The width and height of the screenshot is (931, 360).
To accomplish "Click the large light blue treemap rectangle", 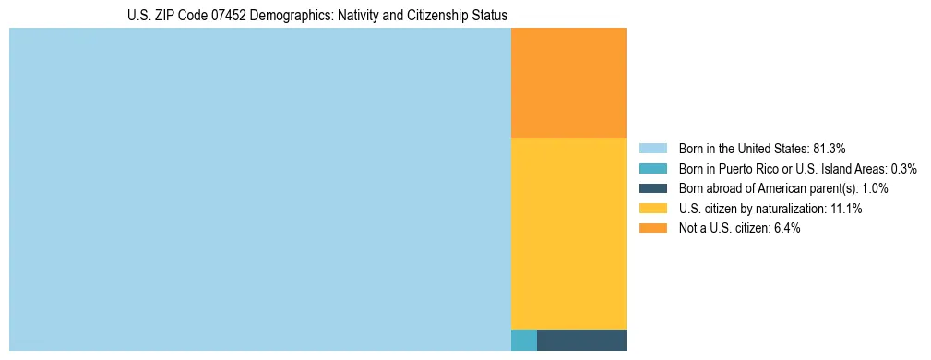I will (x=259, y=189).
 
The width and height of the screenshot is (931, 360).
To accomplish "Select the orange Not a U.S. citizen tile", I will (x=568, y=83).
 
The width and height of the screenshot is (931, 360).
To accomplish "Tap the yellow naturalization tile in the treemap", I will (x=568, y=233).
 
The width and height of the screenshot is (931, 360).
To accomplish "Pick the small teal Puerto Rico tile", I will (x=523, y=340).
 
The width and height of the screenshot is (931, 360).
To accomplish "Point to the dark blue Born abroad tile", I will (x=581, y=340).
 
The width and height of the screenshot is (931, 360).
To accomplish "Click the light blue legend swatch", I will (x=652, y=148).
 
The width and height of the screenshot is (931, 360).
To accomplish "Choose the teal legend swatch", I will (x=652, y=168).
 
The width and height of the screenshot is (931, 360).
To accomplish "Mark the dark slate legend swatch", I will (x=652, y=188).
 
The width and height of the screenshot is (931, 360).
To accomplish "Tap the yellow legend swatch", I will (x=652, y=209).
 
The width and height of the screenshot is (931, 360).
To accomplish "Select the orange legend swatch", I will (x=652, y=229).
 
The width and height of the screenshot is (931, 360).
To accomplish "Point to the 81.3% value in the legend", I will (x=830, y=148).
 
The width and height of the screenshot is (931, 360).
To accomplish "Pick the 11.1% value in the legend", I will (x=845, y=209).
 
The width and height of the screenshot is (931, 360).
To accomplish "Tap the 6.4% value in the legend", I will (x=783, y=229).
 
